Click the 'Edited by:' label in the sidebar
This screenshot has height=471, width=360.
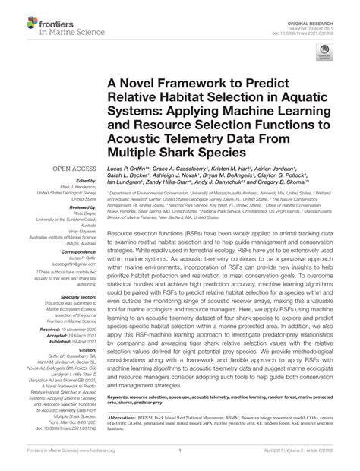66,179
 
